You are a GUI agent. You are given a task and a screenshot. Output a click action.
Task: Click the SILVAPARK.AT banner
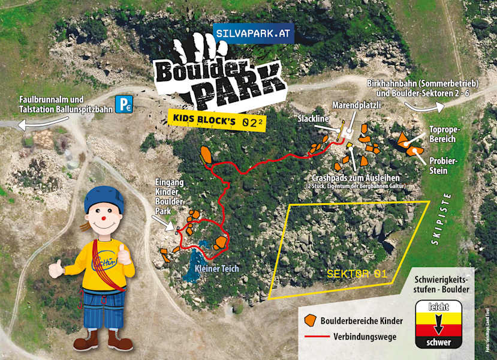pyautogui.click(x=254, y=34)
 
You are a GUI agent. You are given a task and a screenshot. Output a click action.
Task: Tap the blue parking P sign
pyautogui.click(x=124, y=104)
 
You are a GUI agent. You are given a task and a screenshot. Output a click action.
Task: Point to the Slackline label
pyautogui.click(x=313, y=119)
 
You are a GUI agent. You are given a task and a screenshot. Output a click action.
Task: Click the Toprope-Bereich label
pyautogui.click(x=442, y=134)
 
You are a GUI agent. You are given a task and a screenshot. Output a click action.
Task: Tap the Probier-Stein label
pyautogui.click(x=442, y=165)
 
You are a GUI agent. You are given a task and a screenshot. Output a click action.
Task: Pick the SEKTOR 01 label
pyautogui.click(x=356, y=274)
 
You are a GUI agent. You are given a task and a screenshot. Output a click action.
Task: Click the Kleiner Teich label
pyautogui.click(x=216, y=268)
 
